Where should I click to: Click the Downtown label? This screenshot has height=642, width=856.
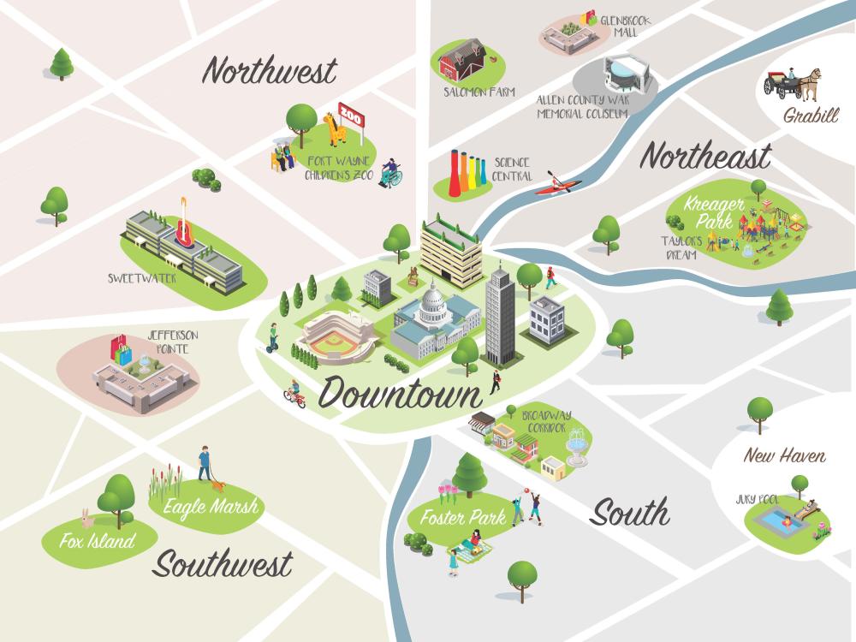pyautogui.click(x=400, y=394)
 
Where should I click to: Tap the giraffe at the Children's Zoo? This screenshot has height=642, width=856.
pyautogui.click(x=333, y=133)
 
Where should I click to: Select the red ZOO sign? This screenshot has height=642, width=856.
pyautogui.click(x=351, y=113)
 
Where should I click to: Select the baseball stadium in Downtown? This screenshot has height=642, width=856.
pyautogui.click(x=334, y=337)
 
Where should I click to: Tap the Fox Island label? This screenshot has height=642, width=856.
pyautogui.click(x=98, y=541)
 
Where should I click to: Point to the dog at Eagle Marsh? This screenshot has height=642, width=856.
pyautogui.click(x=218, y=484)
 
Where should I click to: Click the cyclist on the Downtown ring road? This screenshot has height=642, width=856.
pyautogui.click(x=294, y=394)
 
